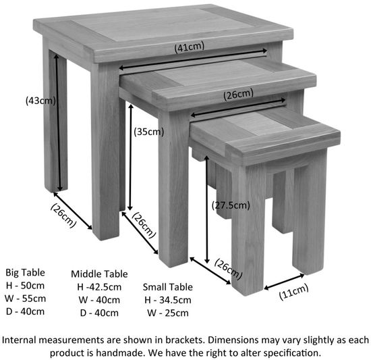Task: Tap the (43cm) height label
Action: click(40, 101)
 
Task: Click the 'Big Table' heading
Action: click(25, 272)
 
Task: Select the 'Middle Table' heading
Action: click(99, 274)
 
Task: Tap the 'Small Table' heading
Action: click(167, 286)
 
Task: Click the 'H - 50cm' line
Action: click(25, 285)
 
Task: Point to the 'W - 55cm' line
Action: click(25, 298)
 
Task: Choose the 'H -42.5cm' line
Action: click(98, 286)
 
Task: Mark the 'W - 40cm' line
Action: click(98, 299)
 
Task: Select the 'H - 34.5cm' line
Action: click(167, 299)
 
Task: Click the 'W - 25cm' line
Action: click(167, 312)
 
